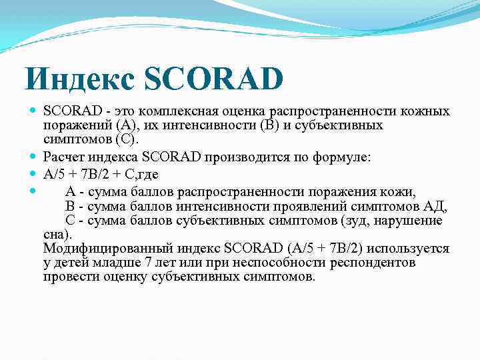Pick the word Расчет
63,158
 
